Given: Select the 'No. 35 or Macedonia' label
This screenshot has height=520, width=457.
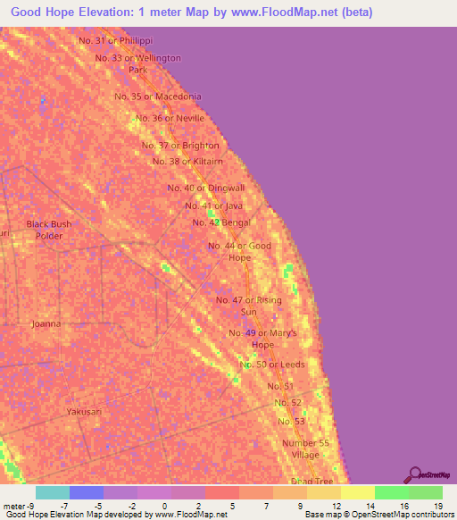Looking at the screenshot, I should point(158,96).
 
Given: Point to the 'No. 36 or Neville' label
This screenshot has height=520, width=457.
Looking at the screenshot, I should point(170,119).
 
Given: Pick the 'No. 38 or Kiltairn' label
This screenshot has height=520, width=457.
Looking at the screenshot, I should point(187,162).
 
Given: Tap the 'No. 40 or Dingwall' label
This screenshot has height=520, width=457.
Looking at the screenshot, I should point(206,188).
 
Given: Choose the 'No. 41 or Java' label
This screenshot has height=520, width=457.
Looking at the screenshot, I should point(213,205).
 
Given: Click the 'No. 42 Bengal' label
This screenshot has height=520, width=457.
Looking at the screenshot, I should point(221,222).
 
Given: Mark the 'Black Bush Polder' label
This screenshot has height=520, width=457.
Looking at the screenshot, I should point(48,230).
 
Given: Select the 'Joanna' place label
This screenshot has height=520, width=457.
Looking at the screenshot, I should point(46,324).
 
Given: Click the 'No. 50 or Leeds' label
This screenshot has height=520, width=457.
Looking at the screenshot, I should point(274,365).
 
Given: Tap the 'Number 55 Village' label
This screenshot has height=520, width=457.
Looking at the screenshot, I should point(300,449).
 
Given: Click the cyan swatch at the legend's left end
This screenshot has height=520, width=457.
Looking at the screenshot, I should point(53,492).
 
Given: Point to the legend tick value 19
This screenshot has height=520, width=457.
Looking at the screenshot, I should point(436,505).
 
